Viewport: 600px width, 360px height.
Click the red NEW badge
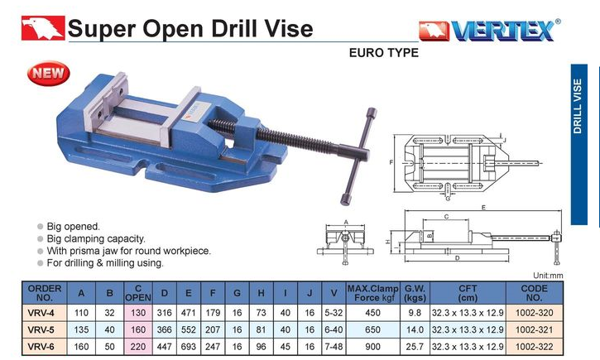click(x=49, y=73)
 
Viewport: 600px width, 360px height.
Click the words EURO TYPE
click(x=384, y=53)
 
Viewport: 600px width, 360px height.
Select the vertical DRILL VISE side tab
click(x=578, y=145)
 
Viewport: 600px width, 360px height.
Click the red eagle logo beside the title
click(x=43, y=27)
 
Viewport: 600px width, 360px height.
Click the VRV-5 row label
click(x=41, y=329)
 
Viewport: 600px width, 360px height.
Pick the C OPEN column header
click(x=138, y=293)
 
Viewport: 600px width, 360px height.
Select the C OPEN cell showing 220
click(x=138, y=347)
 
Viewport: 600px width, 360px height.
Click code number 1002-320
click(x=534, y=313)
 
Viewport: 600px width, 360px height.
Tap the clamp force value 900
click(x=372, y=347)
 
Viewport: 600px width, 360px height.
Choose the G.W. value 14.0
click(x=415, y=329)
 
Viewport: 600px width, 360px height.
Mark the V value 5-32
click(x=334, y=313)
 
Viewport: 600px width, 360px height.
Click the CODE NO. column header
click(x=534, y=293)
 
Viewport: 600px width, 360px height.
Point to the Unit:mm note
click(x=548, y=276)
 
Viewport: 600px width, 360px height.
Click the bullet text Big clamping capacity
click(x=96, y=238)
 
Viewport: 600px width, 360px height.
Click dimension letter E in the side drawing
click(x=483, y=208)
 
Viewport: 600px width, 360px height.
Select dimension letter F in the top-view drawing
click(x=391, y=162)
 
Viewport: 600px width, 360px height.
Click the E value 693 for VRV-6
click(x=188, y=347)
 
